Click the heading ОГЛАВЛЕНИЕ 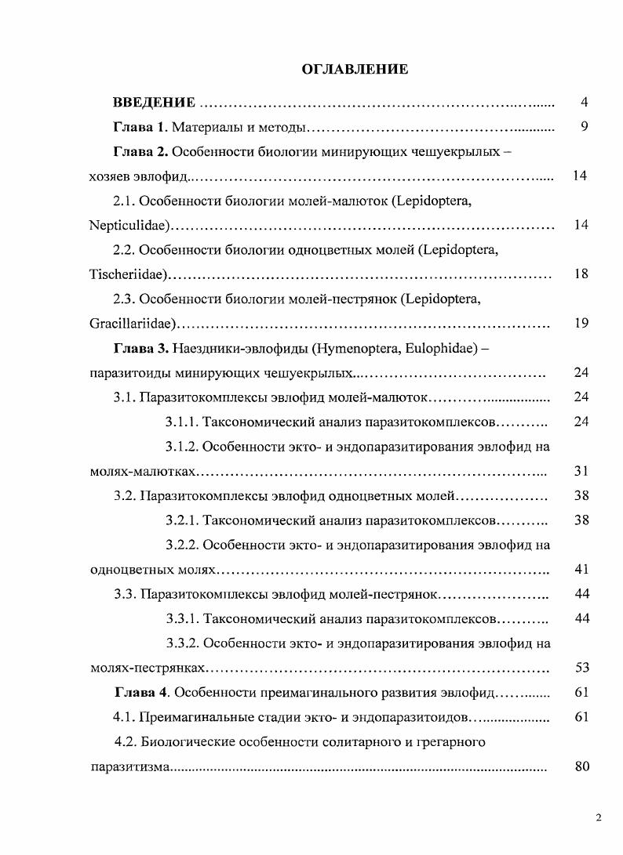tap(355, 70)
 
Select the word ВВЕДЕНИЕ tap(154, 103)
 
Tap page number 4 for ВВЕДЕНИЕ tap(584, 103)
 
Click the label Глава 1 tap(140, 127)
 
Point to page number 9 tap(584, 127)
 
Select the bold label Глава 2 tap(140, 151)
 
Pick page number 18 tap(581, 275)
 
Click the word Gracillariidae tap(132, 324)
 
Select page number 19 tap(581, 324)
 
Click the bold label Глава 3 tap(140, 348)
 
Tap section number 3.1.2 tap(182, 447)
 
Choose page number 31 tap(581, 472)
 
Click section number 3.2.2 tap(182, 545)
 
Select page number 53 tap(581, 668)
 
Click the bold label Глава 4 tap(141, 693)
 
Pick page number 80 tap(581, 767)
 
